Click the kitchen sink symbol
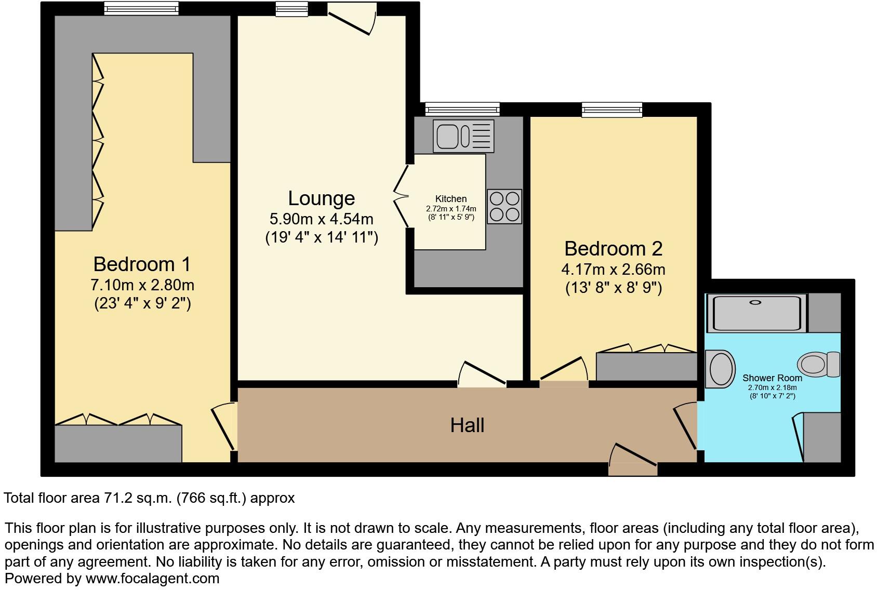pyautogui.click(x=464, y=136)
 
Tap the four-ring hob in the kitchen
pyautogui.click(x=504, y=207)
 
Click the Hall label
pyautogui.click(x=467, y=425)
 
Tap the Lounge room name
pyautogui.click(x=322, y=198)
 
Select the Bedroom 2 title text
pyautogui.click(x=613, y=249)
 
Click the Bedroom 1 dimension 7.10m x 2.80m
pyautogui.click(x=142, y=285)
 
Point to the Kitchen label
pyautogui.click(x=450, y=199)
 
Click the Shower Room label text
pyautogui.click(x=772, y=378)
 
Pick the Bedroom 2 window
pyautogui.click(x=612, y=109)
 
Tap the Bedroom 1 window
pyautogui.click(x=141, y=8)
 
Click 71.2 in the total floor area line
pyautogui.click(x=115, y=498)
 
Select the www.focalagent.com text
pyautogui.click(x=152, y=578)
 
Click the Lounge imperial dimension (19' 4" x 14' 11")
pyautogui.click(x=322, y=238)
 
